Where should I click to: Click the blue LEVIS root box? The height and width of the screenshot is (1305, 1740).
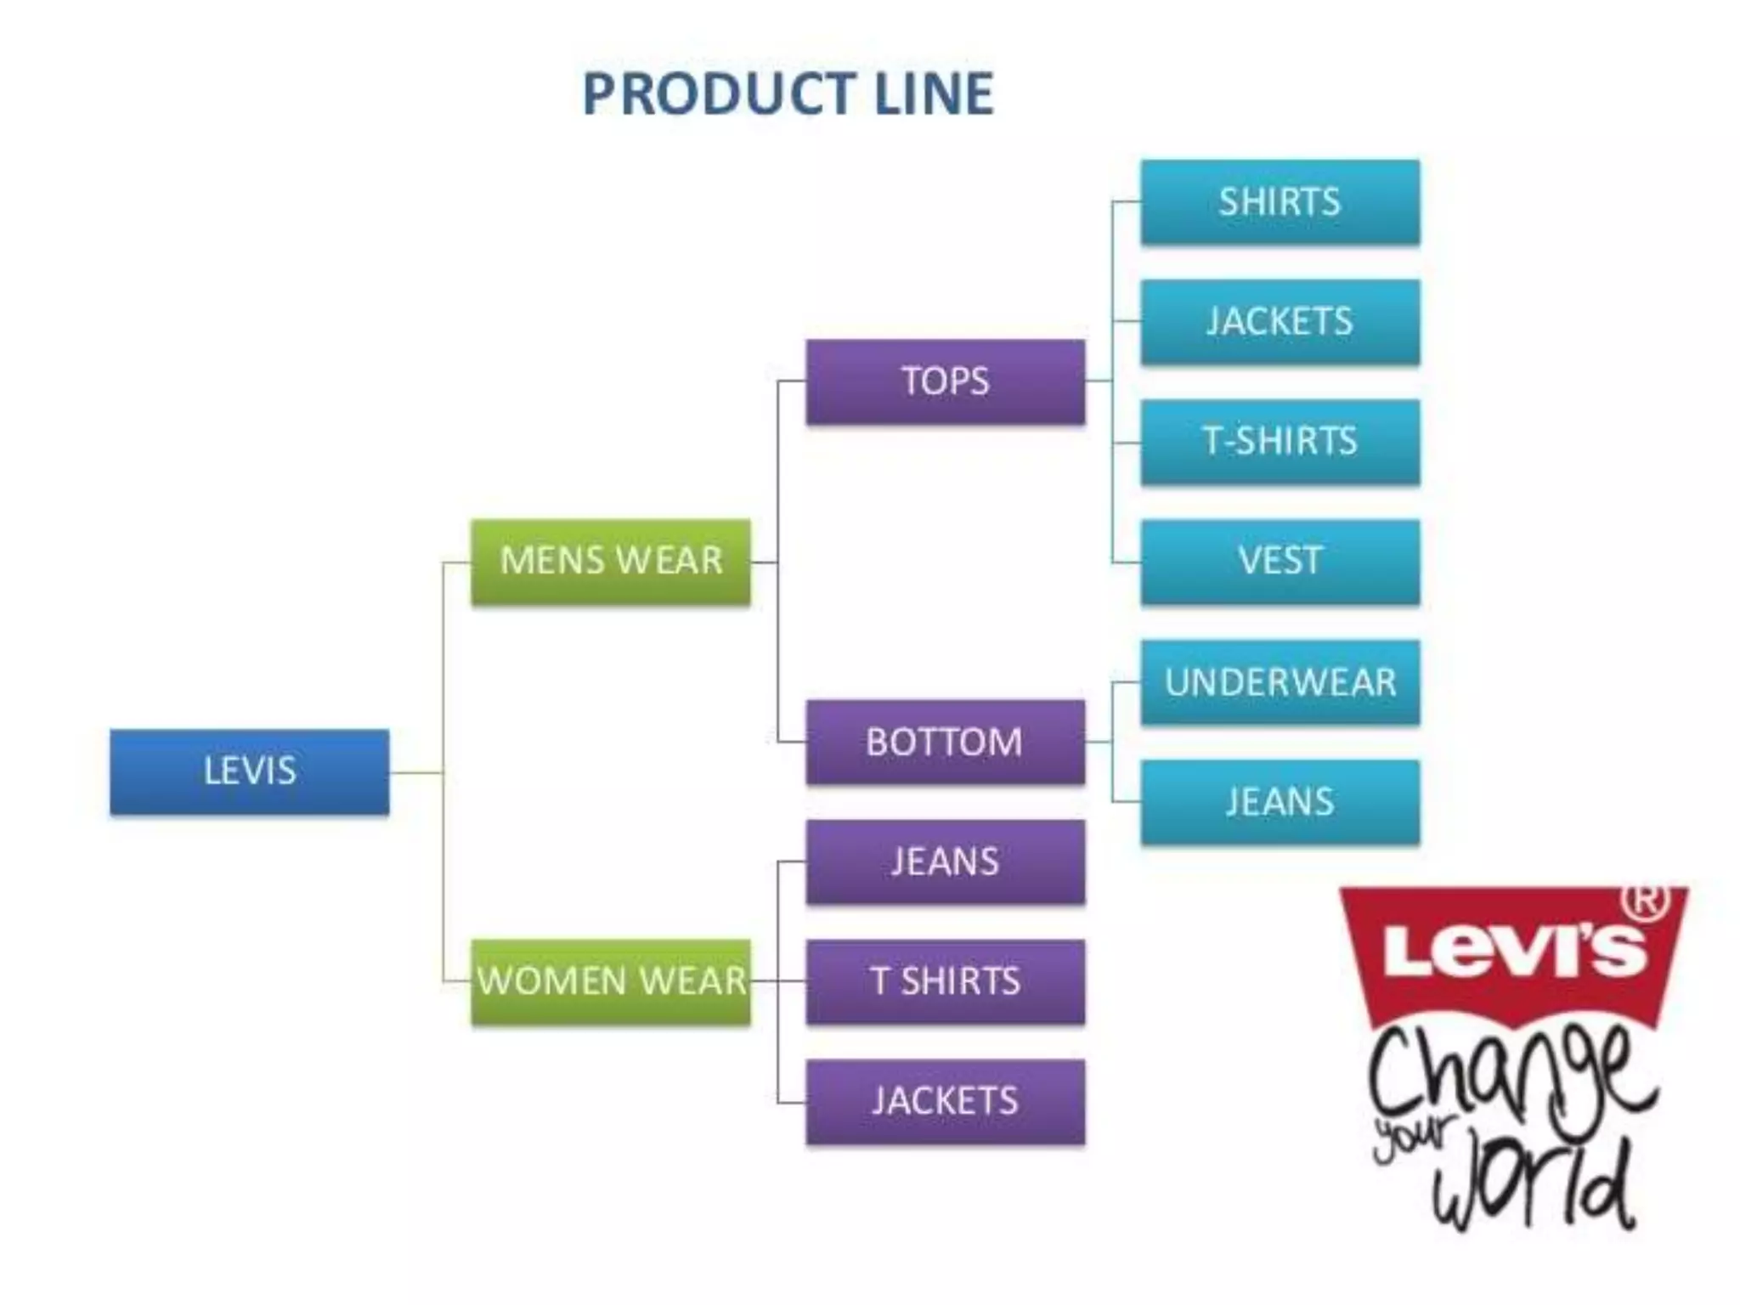pos(250,771)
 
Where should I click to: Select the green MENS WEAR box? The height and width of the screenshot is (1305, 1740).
pos(611,562)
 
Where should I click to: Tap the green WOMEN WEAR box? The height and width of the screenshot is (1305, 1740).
pos(611,981)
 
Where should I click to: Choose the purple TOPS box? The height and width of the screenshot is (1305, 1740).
pos(946,381)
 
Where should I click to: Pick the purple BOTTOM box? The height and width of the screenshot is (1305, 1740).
pos(946,742)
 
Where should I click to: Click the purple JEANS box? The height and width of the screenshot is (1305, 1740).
pos(946,862)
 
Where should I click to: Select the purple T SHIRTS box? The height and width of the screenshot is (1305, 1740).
pos(946,981)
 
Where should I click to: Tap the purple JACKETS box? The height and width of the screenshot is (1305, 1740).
pos(946,1102)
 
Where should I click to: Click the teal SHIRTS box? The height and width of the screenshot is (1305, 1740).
pos(1280,202)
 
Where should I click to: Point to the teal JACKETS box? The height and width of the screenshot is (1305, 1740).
pos(1280,322)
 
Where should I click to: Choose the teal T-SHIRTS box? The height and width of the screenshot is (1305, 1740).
pos(1280,442)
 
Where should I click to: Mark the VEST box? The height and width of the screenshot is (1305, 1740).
pos(1280,562)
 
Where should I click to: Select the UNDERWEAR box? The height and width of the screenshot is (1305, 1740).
pos(1280,682)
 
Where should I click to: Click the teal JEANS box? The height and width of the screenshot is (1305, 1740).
pos(1280,802)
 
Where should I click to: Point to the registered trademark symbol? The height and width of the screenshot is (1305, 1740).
pos(1646,900)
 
